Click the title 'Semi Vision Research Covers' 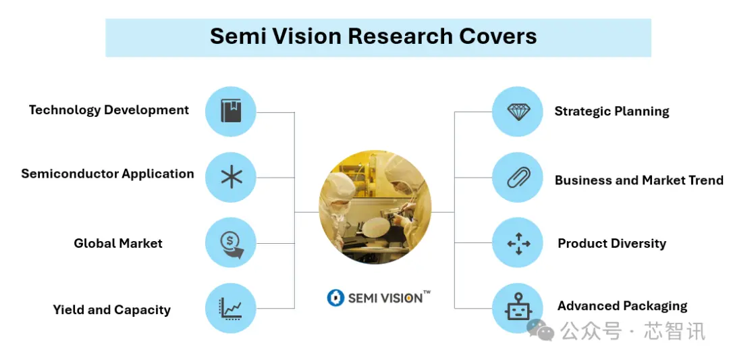373,36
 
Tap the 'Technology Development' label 109,110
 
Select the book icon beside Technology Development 231,111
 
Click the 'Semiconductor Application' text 107,174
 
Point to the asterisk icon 231,177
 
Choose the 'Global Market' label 118,243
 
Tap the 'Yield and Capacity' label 111,310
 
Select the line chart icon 231,309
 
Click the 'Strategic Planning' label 612,111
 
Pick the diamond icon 518,111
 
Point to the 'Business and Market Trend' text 639,180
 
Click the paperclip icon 518,178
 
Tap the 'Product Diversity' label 612,243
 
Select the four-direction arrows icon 518,243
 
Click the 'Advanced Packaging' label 622,306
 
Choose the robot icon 518,307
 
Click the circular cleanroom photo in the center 375,207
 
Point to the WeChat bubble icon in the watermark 540,330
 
